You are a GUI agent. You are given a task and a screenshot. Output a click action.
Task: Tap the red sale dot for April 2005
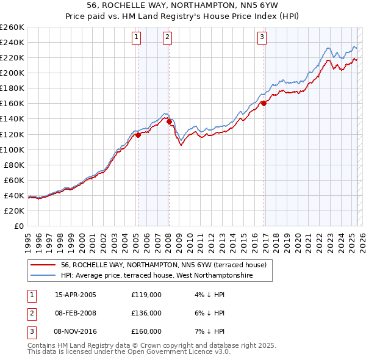tap(138, 135)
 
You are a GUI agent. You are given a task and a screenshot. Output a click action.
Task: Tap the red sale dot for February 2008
tap(169, 121)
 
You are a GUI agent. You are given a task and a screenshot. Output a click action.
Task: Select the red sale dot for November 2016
tap(264, 103)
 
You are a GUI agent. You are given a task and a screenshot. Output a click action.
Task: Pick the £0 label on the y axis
tap(18, 226)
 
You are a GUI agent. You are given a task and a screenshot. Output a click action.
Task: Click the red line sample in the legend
tap(43, 265)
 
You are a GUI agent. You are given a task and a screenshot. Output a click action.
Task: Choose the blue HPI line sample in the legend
tap(43, 276)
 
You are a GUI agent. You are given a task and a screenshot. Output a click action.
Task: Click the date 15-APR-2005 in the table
tap(76, 295)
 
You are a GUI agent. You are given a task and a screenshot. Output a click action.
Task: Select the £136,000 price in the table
tap(146, 313)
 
